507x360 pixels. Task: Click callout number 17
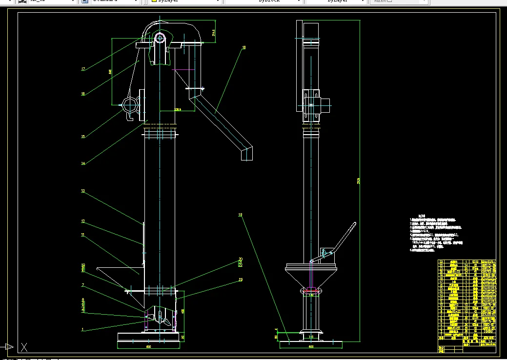(x=83, y=69)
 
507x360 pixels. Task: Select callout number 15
(x=83, y=137)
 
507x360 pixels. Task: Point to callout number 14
(x=83, y=163)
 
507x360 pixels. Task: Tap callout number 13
(x=83, y=191)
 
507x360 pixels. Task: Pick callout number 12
(x=83, y=221)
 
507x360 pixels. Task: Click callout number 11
(x=83, y=235)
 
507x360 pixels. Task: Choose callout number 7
(x=83, y=285)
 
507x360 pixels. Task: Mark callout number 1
(x=83, y=330)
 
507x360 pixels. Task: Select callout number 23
(x=241, y=280)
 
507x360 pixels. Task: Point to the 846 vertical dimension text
(x=110, y=72)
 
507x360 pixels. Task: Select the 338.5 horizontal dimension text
(x=178, y=110)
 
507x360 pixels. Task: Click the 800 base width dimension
(x=148, y=347)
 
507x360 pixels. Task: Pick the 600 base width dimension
(x=310, y=347)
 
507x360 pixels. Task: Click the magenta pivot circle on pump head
(x=160, y=38)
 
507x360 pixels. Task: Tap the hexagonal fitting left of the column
(x=131, y=105)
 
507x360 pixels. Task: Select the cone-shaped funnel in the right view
(x=311, y=278)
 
